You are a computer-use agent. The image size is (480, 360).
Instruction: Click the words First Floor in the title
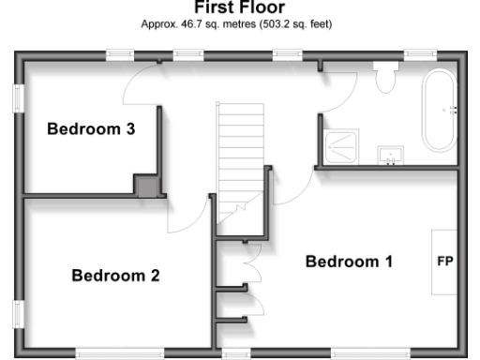239,7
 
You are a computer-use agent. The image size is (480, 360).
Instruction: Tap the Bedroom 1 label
349,262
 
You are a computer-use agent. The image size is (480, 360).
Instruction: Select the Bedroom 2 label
115,276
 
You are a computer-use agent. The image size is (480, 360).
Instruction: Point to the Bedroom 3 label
91,129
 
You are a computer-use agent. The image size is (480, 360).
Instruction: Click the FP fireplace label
444,262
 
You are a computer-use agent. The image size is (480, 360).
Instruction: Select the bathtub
440,111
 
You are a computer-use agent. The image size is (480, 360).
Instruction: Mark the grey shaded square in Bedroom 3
146,186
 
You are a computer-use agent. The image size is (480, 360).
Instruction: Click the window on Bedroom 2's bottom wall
101,352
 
